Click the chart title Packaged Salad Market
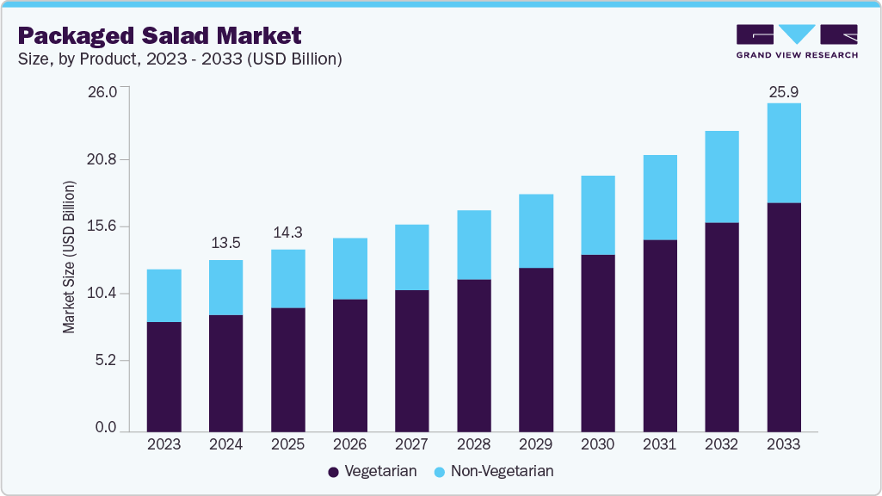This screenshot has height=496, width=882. (159, 36)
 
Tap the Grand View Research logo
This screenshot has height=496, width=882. (797, 40)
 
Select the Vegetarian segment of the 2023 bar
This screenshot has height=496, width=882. (163, 376)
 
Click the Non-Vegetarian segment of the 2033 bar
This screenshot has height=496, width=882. (783, 152)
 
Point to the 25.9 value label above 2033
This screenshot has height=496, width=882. (783, 91)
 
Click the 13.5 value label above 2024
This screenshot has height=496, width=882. (225, 243)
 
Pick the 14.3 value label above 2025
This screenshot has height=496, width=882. (287, 232)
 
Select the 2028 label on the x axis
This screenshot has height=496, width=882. (473, 444)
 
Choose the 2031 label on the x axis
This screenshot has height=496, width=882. (659, 444)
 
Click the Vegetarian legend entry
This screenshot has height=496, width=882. (373, 471)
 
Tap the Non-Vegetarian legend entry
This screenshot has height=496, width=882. (493, 471)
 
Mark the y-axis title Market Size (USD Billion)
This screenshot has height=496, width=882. (69, 257)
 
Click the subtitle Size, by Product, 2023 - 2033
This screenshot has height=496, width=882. (180, 59)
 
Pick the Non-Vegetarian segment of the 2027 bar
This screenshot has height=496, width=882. (411, 257)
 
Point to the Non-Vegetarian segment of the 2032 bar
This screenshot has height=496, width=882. (721, 177)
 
